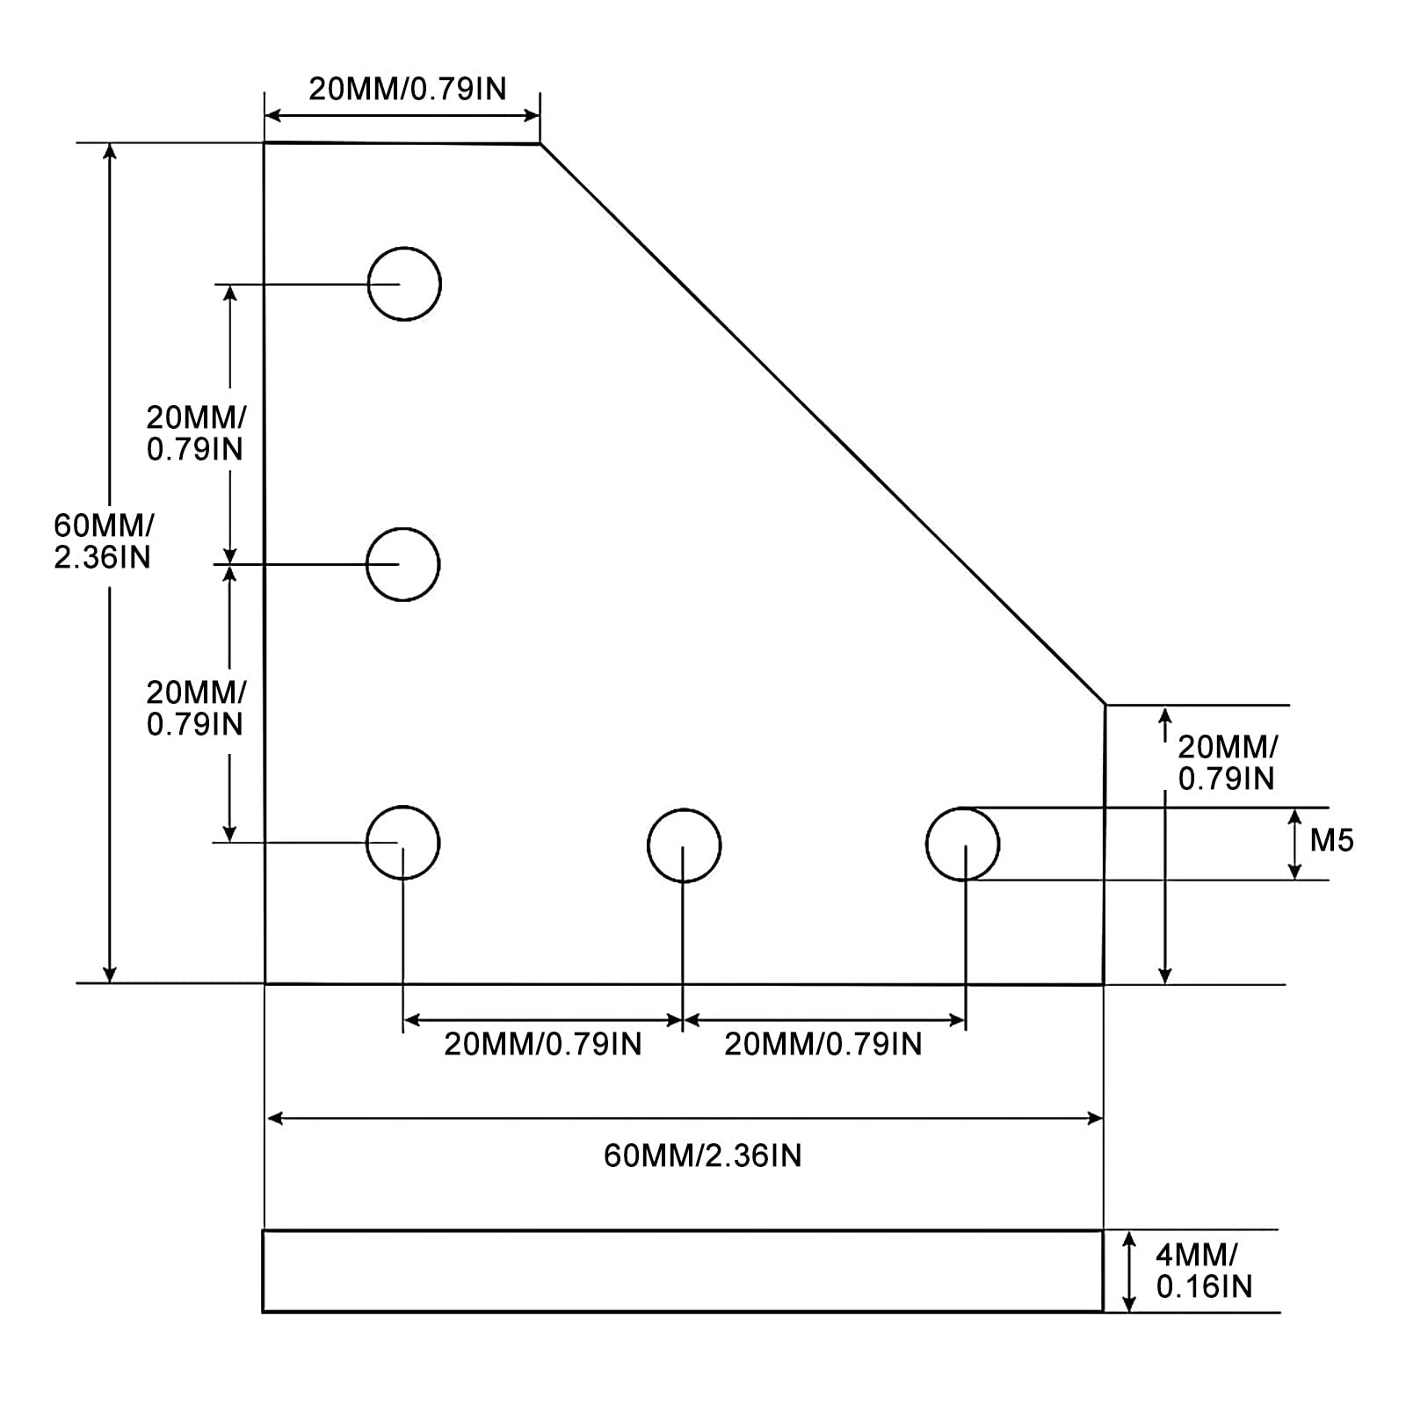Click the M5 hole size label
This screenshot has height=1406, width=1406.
pos(1331,841)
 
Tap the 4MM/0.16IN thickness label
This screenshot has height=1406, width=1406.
pos(1203,1271)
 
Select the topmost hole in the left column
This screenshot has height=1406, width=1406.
pos(404,284)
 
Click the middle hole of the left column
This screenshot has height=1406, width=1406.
pos(402,564)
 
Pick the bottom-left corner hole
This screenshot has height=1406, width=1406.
pos(402,843)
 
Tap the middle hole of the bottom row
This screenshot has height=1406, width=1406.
pos(684,844)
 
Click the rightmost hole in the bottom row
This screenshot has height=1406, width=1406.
pos(962,844)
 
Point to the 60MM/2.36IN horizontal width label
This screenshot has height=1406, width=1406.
pos(702,1156)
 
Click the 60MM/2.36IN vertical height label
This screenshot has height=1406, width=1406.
pos(103,541)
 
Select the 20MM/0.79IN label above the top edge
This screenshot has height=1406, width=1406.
pos(407,89)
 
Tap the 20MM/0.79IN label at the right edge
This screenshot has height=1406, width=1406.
pos(1226,763)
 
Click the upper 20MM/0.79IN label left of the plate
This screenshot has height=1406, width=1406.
pos(195,432)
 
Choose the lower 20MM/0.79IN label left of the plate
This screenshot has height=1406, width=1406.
pos(195,708)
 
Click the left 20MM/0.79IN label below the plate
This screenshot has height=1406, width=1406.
pos(542,1044)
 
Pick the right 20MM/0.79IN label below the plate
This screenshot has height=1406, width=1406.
pos(823,1044)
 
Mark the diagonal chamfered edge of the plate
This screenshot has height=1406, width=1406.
pos(822,423)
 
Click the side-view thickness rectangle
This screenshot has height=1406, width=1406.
pos(683,1271)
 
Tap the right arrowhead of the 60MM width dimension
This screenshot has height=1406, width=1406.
pos(1096,1118)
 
